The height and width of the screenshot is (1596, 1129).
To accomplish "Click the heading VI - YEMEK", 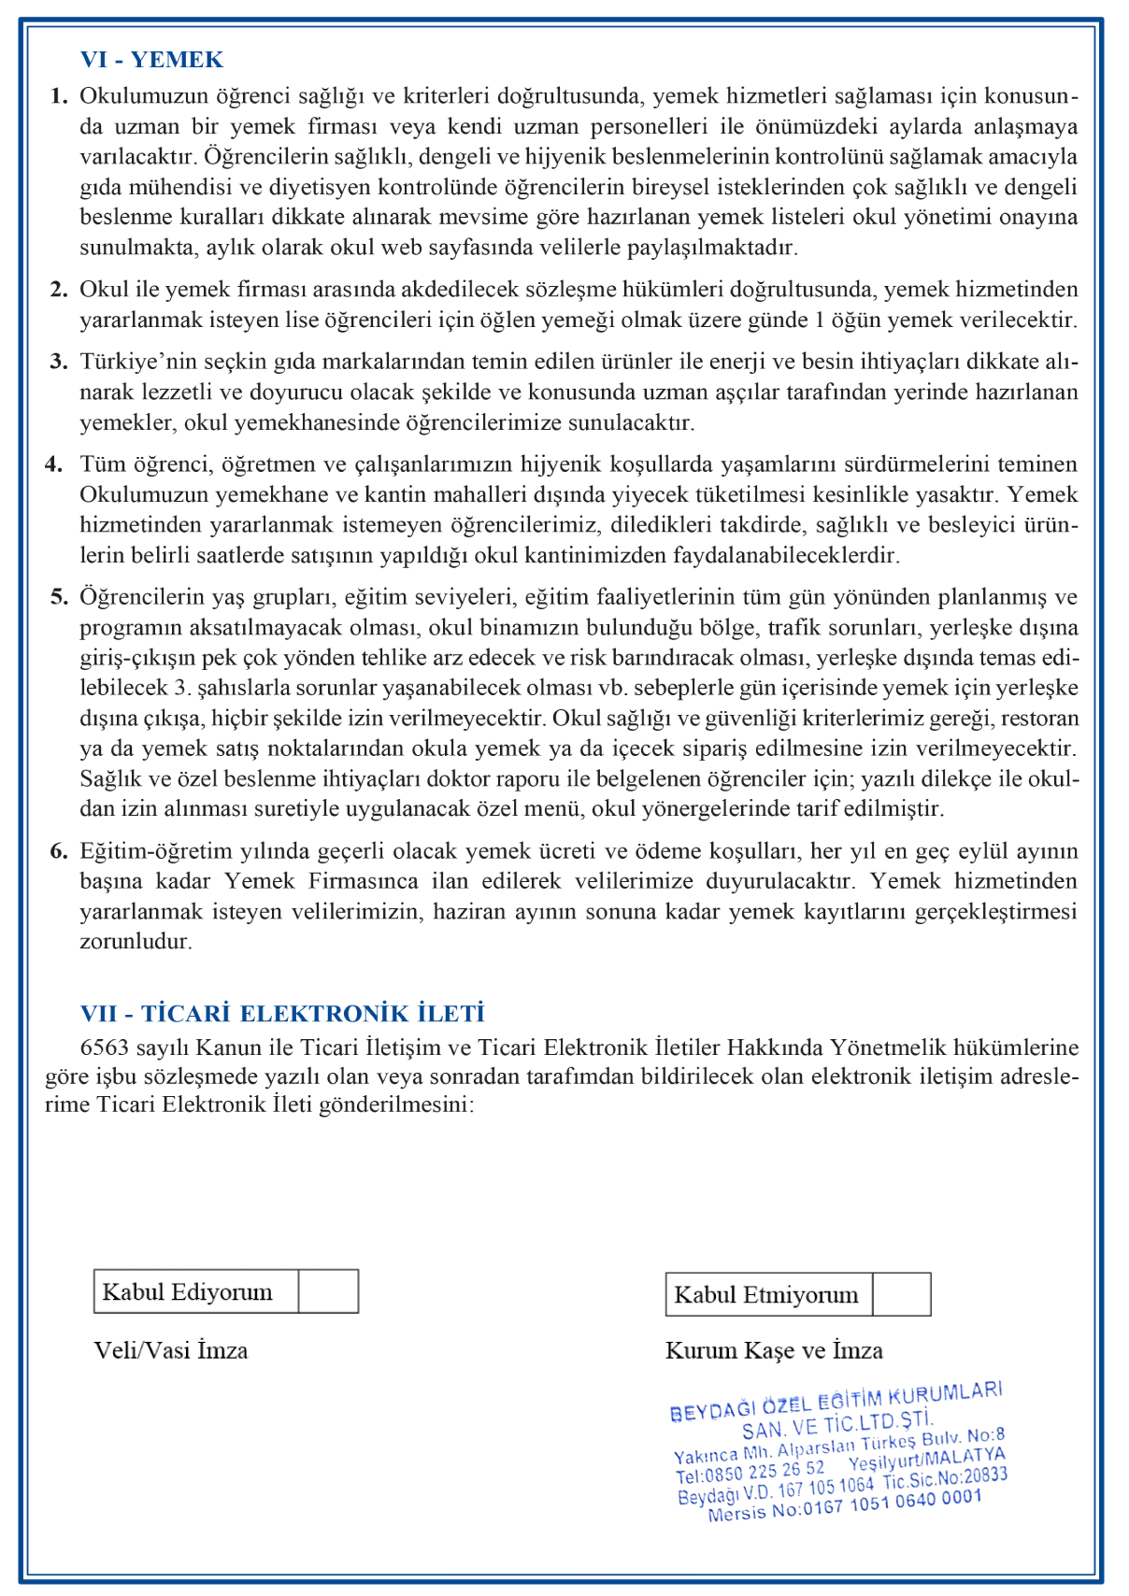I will click(x=151, y=60).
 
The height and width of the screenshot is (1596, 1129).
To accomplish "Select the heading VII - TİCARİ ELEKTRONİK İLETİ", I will click(x=282, y=1014).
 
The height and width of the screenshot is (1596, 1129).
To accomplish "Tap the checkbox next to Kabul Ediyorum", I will click(x=329, y=1291).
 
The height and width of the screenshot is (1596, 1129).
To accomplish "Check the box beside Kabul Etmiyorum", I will click(x=901, y=1294).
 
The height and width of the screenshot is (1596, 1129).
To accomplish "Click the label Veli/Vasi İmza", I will click(x=171, y=1350).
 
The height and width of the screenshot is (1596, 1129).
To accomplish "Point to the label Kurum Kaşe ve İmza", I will click(x=774, y=1350).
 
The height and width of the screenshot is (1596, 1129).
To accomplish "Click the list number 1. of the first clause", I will click(x=59, y=96).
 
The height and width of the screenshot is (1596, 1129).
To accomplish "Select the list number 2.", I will click(x=59, y=290).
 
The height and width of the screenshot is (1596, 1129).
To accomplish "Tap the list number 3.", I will click(x=59, y=362).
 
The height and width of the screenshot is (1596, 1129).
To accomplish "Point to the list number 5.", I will click(x=59, y=597).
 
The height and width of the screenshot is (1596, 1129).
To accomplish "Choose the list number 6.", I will click(x=59, y=851).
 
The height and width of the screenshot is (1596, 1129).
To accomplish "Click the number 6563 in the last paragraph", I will click(x=106, y=1047).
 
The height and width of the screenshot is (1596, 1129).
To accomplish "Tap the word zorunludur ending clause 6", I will click(x=136, y=941).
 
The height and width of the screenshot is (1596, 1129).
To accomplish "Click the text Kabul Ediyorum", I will click(x=188, y=1292).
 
